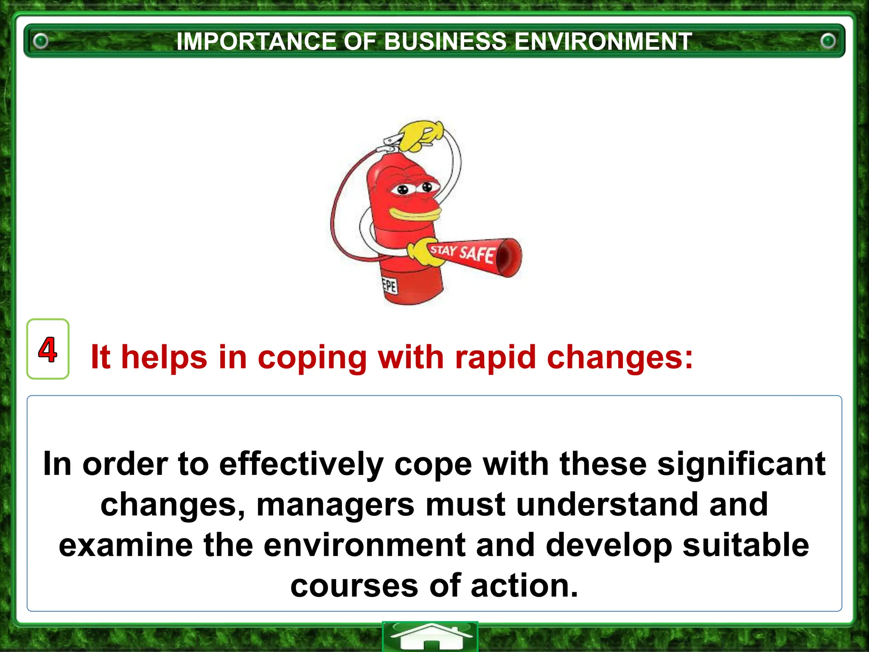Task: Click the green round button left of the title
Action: pyautogui.click(x=41, y=41)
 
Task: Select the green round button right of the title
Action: pyautogui.click(x=828, y=41)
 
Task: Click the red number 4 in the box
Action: pyautogui.click(x=48, y=349)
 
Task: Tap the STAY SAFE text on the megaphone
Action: pyautogui.click(x=463, y=253)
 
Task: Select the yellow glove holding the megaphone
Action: pyautogui.click(x=424, y=253)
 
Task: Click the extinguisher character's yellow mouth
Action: pyautogui.click(x=414, y=214)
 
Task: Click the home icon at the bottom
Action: pyautogui.click(x=430, y=637)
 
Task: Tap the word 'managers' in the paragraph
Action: pyautogui.click(x=335, y=505)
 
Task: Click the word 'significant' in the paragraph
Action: pyautogui.click(x=741, y=464)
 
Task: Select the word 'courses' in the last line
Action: pyautogui.click(x=354, y=586)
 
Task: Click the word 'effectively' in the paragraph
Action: pyautogui.click(x=301, y=464)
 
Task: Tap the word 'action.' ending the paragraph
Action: pyautogui.click(x=524, y=586)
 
